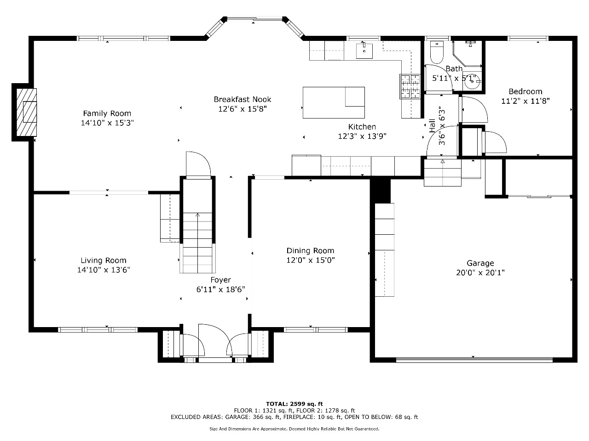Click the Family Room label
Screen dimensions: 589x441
(107, 113)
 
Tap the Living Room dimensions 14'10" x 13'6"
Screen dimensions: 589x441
(104, 270)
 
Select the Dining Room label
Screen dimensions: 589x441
(311, 251)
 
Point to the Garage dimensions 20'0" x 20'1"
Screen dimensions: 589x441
(480, 272)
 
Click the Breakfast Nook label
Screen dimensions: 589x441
(243, 99)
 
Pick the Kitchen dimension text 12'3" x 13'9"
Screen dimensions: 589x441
(362, 136)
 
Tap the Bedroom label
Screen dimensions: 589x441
(525, 91)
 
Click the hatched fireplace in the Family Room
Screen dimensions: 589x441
(27, 112)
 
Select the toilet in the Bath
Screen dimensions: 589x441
(437, 52)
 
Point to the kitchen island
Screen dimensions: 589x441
(334, 102)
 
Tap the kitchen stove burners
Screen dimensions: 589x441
(410, 86)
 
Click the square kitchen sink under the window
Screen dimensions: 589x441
(364, 51)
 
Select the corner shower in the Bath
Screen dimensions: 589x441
(467, 54)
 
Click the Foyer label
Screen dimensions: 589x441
(220, 280)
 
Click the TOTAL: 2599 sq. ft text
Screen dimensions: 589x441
(294, 404)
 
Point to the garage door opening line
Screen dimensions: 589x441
(474, 360)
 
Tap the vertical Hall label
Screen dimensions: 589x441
(432, 125)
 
